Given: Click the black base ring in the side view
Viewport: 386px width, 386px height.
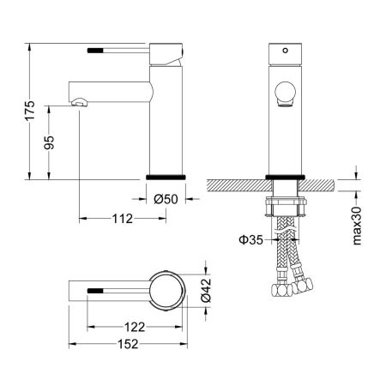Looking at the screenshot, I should coord(164,175).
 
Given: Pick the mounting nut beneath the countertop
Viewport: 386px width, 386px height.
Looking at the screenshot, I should coord(284,206).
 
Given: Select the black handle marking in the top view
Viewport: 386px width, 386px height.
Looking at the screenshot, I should coord(97,291).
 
